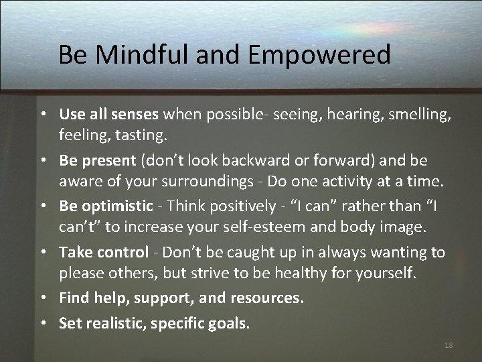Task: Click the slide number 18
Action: pos(449,345)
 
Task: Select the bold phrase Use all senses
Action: pos(108,115)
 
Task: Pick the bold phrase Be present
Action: pos(97,161)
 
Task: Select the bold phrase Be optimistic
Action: pos(106,206)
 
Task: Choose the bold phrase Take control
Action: pos(104,252)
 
